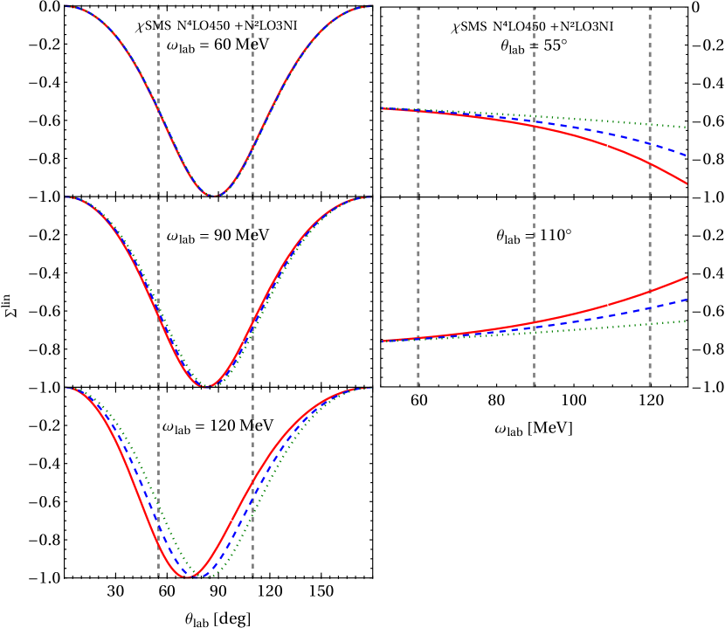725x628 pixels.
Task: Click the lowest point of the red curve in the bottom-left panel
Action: coord(185,576)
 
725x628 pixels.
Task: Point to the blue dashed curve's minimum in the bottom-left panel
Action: coord(198,576)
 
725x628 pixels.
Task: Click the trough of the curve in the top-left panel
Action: coord(214,195)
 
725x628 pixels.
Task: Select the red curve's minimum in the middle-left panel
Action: coord(204,386)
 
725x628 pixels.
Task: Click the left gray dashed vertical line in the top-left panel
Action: coord(158,52)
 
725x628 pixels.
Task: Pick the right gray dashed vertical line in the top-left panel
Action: coord(253,52)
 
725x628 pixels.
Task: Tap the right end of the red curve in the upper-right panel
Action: coord(687,183)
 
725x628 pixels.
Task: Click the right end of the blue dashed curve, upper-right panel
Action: coord(687,155)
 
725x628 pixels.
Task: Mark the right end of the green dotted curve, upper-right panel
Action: coord(687,128)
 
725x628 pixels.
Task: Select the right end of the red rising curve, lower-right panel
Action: coord(687,277)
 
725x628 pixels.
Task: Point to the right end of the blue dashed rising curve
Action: coord(687,300)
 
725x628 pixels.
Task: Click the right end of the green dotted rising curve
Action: coord(687,321)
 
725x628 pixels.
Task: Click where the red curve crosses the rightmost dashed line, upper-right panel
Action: coord(649,162)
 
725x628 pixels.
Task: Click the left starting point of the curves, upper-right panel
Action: coord(383,108)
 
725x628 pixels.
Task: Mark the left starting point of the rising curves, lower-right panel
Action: coord(383,341)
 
